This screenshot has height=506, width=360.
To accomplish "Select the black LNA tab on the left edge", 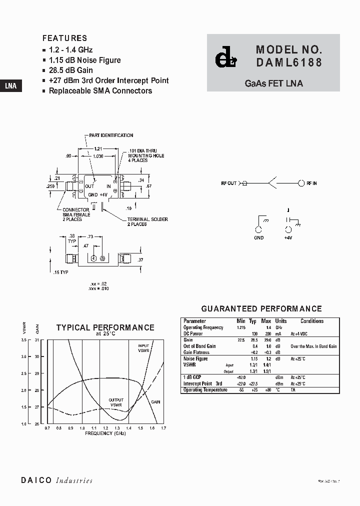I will pos(10,85).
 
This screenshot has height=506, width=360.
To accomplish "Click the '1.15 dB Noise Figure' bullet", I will pos(84,60).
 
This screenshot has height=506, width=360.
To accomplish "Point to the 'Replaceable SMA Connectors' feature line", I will pos(100,90).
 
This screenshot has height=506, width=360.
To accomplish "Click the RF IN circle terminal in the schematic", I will pos(301,183).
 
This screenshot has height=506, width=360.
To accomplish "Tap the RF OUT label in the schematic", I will pos(228,183).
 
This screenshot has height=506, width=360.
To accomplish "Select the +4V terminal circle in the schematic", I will pos(288,230).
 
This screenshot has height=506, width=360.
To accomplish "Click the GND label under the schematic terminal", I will pos(258,238).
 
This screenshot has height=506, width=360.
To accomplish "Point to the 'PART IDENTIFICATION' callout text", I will pos(111,135).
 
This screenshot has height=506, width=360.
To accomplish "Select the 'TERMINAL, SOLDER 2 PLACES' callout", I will pos(147,221).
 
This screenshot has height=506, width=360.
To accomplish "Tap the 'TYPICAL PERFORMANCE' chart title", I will pos(105,327).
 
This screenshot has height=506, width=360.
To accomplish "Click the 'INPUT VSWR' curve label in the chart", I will pos(143,347).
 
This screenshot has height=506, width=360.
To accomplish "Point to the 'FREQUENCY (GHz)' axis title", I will pos(105,433).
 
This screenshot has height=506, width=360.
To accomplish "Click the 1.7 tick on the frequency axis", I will pos(163,428).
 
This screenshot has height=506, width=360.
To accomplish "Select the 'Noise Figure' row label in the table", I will pos(195,358).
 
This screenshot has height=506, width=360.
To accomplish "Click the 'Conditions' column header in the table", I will pos(312,321).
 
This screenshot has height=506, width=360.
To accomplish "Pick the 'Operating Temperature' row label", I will pos(205,389).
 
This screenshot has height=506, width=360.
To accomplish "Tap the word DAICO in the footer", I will pos(36,480).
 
